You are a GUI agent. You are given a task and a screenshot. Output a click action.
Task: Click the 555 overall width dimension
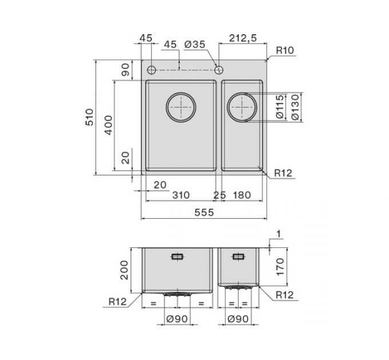tap(204, 213)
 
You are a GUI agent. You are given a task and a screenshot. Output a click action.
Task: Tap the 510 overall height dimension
tap(90, 117)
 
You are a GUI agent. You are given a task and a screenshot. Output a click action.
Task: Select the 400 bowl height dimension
tap(109, 125)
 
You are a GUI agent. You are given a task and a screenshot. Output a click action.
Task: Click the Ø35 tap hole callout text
tap(195, 45)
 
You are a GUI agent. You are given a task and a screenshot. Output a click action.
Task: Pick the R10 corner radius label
tap(285, 50)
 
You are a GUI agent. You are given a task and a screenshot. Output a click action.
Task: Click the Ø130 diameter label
tap(295, 107)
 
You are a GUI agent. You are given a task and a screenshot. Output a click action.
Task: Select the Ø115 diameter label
tap(280, 107)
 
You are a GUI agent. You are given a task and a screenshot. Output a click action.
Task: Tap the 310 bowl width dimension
tap(181, 195)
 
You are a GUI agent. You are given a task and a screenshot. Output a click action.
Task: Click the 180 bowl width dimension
tap(242, 195)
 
